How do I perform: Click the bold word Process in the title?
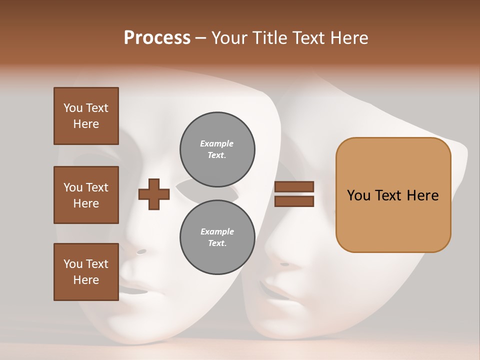point(157,38)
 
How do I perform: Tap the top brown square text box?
point(86,116)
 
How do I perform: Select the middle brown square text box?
point(86,195)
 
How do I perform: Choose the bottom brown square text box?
point(86,272)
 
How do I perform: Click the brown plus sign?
point(154,194)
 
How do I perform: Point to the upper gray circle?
point(217,149)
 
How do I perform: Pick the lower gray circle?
point(217,237)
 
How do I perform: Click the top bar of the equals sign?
point(294,187)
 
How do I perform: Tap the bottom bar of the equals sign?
point(294,201)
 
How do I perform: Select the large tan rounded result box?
point(393,195)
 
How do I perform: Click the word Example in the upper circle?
point(217,144)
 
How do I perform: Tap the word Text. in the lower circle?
point(217,243)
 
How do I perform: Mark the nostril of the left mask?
point(142,251)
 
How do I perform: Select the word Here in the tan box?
point(422,195)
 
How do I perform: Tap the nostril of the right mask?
point(285,264)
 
